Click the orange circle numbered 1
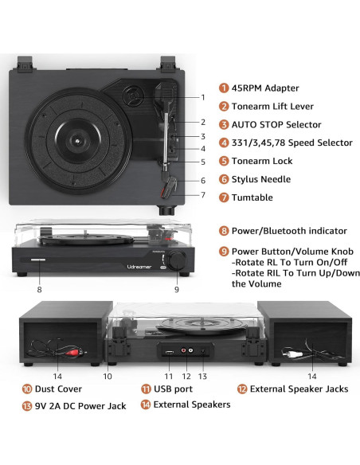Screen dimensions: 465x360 point(225,88)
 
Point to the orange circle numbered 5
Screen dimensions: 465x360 point(225,162)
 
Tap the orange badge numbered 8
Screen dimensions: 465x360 point(225,231)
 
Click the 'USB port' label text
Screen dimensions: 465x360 point(171,389)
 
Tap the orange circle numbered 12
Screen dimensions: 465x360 point(242,389)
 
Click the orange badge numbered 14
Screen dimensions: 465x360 point(147,405)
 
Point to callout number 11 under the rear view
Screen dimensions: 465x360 point(168,376)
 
